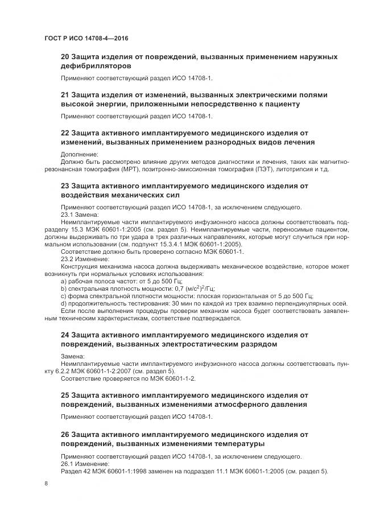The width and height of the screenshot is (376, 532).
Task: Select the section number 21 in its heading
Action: pyautogui.click(x=65, y=94)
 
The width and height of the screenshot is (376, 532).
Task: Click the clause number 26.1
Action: pyautogui.click(x=68, y=464)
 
